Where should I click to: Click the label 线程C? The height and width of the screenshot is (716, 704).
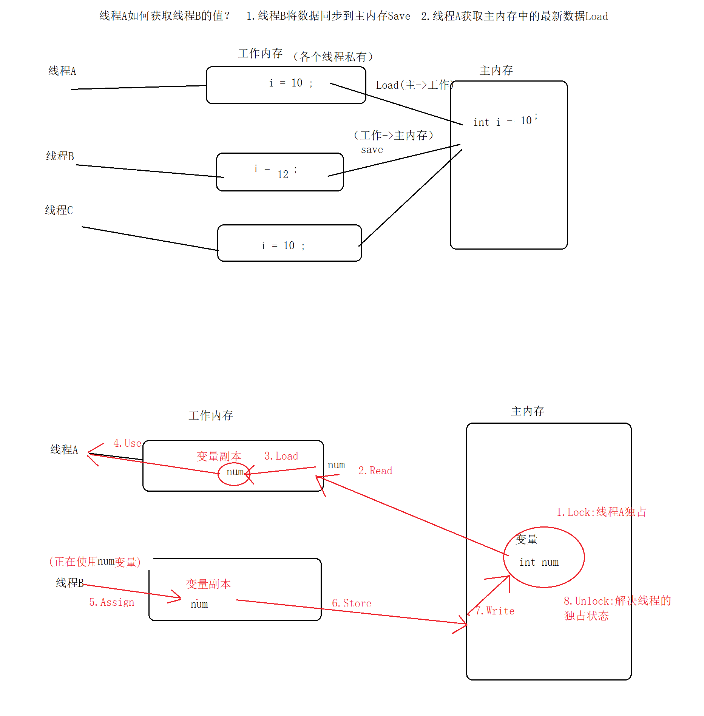tap(59, 210)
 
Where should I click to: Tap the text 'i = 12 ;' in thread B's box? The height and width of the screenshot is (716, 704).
tap(275, 171)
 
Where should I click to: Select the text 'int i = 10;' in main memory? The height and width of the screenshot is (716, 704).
tap(505, 121)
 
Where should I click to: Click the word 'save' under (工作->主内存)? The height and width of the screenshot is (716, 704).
tap(372, 150)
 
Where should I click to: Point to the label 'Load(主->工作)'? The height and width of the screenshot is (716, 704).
tap(414, 85)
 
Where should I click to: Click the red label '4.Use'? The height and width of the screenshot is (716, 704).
tap(127, 443)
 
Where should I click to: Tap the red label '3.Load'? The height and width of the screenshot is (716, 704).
tap(281, 456)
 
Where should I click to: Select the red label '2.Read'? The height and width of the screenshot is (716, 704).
tap(375, 471)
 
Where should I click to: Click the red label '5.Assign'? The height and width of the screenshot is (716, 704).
tap(112, 602)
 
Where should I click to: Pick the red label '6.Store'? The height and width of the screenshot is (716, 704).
tap(351, 603)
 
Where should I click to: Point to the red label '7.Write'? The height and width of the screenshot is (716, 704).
tap(495, 611)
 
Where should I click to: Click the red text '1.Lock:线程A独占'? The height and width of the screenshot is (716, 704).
tap(601, 512)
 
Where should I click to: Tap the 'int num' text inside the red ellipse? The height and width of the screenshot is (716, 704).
tap(539, 562)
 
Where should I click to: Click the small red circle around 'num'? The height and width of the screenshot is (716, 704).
tap(234, 474)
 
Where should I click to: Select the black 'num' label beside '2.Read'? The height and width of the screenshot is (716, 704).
tap(336, 465)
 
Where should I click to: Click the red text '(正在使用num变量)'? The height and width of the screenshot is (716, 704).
tap(95, 562)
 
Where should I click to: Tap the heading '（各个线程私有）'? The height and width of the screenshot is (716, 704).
tap(333, 57)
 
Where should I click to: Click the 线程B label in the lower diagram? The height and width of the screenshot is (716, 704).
tap(69, 583)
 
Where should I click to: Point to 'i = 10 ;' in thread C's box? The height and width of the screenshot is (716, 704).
tap(283, 246)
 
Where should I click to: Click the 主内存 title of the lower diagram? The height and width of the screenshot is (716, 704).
tap(527, 411)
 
